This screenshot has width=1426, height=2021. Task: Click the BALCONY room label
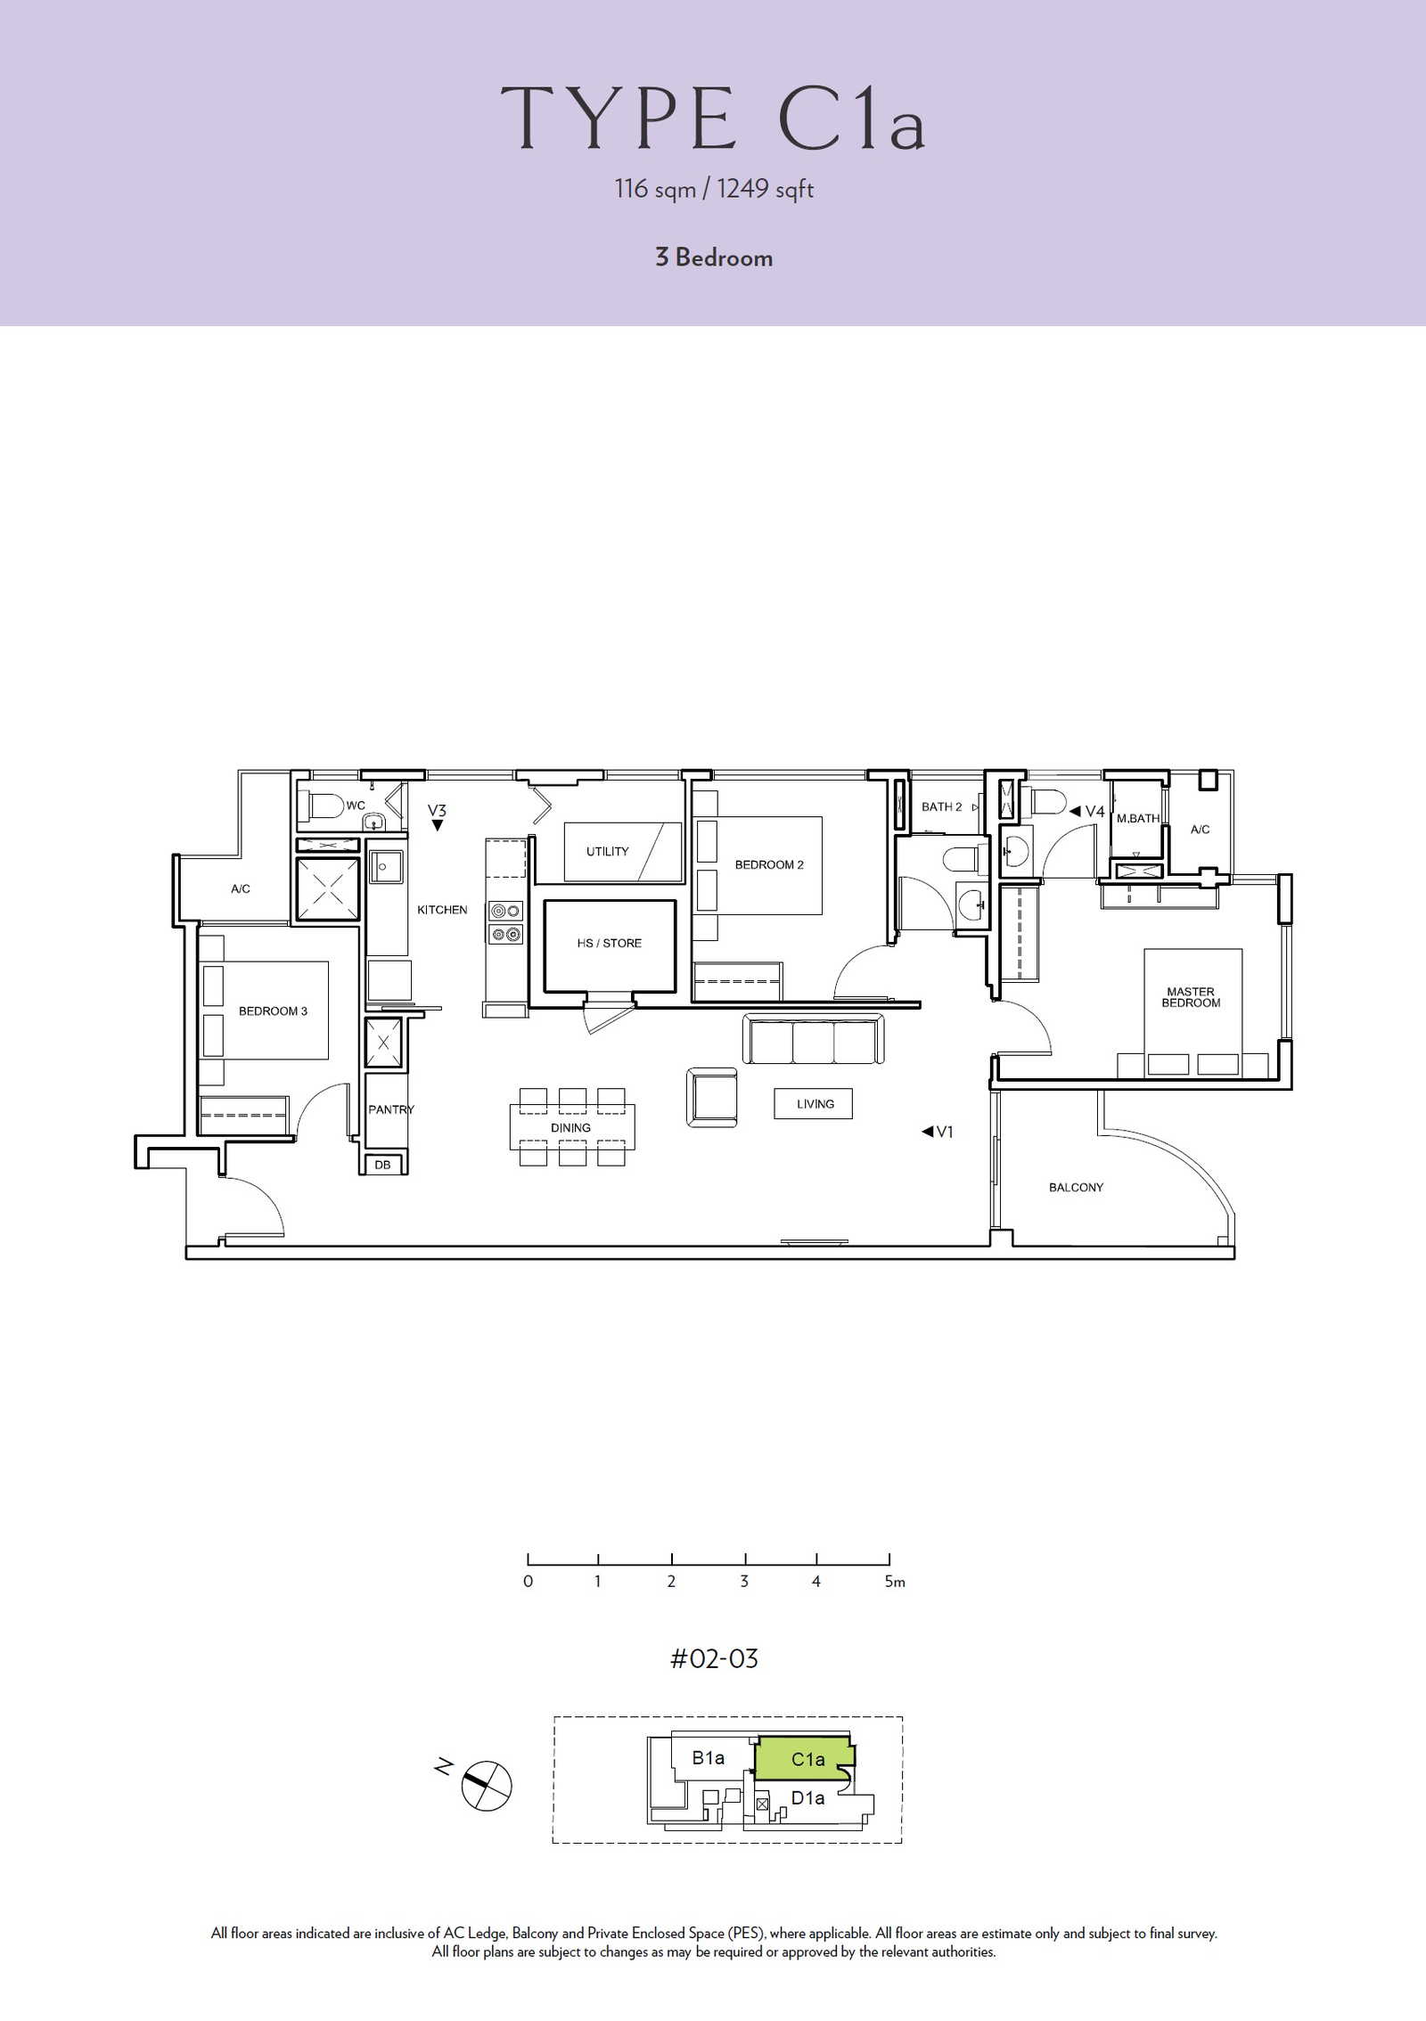(x=1076, y=1188)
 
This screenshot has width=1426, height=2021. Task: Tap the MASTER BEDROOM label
(x=1191, y=997)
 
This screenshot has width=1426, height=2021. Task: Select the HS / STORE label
(x=609, y=943)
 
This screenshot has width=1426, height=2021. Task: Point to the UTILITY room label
(x=607, y=851)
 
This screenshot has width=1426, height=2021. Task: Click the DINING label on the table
(x=570, y=1127)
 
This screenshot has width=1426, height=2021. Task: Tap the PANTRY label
(x=391, y=1109)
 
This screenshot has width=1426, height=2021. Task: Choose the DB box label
(x=382, y=1165)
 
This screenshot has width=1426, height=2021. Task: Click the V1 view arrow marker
(x=938, y=1132)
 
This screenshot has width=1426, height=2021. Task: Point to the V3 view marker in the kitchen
(x=437, y=816)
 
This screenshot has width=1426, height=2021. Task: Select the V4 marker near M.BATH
(x=1086, y=811)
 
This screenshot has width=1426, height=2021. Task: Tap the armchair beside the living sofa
(x=712, y=1098)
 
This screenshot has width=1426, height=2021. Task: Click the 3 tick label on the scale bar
(x=744, y=1582)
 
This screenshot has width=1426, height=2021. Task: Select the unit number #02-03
(x=714, y=1658)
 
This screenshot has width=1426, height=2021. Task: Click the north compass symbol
(x=488, y=1786)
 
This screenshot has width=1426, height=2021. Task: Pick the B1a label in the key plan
(x=709, y=1757)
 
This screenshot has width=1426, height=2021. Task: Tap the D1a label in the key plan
(x=808, y=1797)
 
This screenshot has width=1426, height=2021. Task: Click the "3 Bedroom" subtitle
(x=714, y=258)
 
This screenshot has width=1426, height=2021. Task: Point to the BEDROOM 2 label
(x=769, y=864)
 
